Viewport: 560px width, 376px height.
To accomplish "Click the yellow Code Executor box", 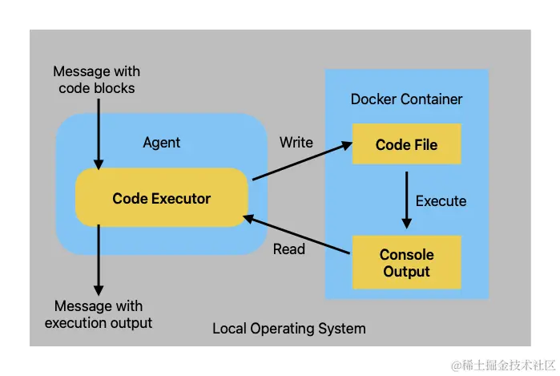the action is pyautogui.click(x=161, y=197).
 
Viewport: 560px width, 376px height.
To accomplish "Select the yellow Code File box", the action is pyautogui.click(x=407, y=144).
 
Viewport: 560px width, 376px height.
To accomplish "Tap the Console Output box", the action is pyautogui.click(x=407, y=262).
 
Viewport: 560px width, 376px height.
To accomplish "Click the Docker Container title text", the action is pyautogui.click(x=406, y=99).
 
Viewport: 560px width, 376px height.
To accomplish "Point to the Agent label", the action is pyautogui.click(x=161, y=143).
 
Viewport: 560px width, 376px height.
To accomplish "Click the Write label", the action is pyautogui.click(x=296, y=142).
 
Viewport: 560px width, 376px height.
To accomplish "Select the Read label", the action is pyautogui.click(x=289, y=249).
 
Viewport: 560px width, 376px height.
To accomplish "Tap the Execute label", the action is pyautogui.click(x=441, y=201).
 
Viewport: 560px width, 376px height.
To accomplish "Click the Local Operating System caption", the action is pyautogui.click(x=289, y=329).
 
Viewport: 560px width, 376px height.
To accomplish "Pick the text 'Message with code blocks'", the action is pyautogui.click(x=96, y=79).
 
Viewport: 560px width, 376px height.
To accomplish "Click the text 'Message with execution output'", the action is pyautogui.click(x=99, y=314).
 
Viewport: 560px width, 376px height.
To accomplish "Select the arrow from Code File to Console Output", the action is pyautogui.click(x=406, y=200).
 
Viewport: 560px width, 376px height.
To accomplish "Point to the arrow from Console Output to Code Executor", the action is pyautogui.click(x=296, y=234).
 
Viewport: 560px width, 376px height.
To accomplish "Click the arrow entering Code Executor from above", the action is pyautogui.click(x=99, y=135).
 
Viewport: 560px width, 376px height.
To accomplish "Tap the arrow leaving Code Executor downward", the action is pyautogui.click(x=99, y=260).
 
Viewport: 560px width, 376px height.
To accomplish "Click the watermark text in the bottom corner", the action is pyautogui.click(x=503, y=366).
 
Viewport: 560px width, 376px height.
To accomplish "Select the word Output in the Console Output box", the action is pyautogui.click(x=406, y=272).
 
